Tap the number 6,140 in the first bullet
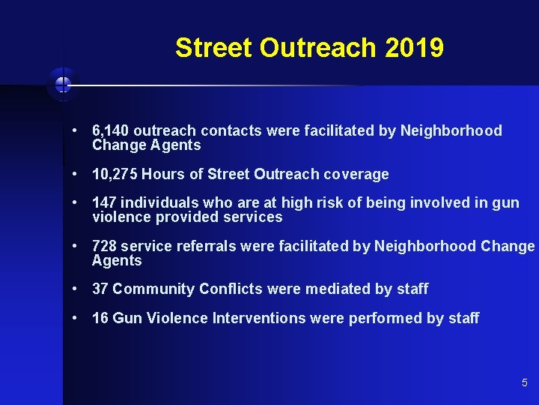110,131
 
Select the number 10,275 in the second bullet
115,175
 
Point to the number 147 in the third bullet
104,203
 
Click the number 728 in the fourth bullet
104,247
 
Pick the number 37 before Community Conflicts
100,289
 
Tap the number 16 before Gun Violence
100,319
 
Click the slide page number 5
525,383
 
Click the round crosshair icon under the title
62,84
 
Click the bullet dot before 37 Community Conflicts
76,289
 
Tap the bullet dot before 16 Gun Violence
76,318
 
